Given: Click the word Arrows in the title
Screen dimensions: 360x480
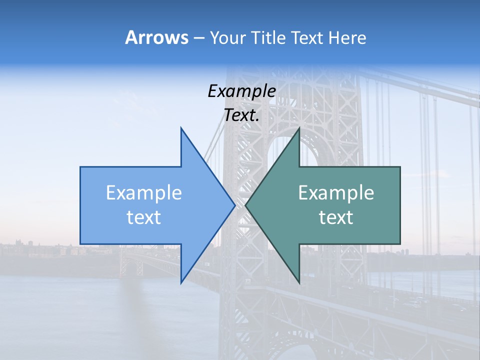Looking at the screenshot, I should pos(156,37).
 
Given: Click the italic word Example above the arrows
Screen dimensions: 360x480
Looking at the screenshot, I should pos(241,91).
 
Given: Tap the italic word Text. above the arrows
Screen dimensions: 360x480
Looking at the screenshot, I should pos(241,115).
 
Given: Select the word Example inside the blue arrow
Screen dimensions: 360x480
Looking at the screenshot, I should pos(144,193).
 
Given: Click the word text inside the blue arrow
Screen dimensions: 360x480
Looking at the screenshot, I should pos(144,217).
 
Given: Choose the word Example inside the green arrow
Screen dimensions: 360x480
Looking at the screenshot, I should pos(336,193).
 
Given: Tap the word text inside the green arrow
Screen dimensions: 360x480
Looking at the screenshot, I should pos(336,217).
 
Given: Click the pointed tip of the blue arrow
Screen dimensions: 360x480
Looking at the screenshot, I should pos(234,205).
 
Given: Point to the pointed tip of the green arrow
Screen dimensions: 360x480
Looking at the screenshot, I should pos(246,205).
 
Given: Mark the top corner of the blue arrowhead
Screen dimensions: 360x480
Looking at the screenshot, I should pos(181,128).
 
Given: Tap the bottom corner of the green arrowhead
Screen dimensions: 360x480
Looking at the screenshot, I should pos(299,282).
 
